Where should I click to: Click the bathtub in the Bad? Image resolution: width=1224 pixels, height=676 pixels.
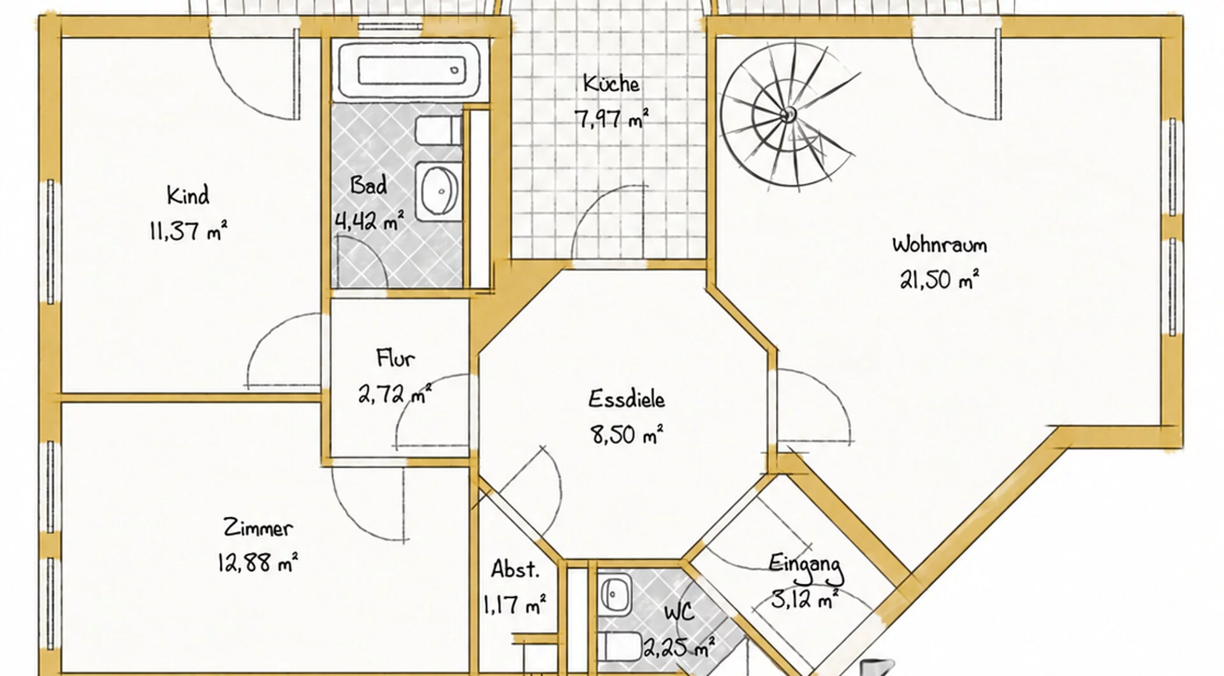click(x=409, y=70)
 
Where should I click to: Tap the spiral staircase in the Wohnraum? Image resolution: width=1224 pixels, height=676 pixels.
click(x=789, y=115)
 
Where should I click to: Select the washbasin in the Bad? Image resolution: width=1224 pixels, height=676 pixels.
click(x=439, y=191)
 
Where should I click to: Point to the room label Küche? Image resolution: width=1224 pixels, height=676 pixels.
click(x=611, y=84)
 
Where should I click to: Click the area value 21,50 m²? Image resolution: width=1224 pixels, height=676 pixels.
click(x=939, y=279)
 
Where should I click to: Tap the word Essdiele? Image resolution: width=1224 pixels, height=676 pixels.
click(x=626, y=399)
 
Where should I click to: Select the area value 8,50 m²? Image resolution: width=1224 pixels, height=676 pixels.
click(x=627, y=434)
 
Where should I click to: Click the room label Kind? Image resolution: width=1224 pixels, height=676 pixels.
click(x=187, y=195)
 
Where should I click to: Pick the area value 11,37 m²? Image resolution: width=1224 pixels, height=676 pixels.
click(x=188, y=230)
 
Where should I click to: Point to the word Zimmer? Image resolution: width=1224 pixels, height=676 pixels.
click(x=258, y=528)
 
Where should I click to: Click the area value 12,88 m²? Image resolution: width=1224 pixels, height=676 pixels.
click(x=258, y=562)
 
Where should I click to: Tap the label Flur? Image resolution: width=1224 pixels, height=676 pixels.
click(x=395, y=358)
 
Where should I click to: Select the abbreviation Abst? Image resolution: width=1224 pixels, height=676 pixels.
click(x=515, y=569)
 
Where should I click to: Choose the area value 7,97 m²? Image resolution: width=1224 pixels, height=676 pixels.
click(x=611, y=118)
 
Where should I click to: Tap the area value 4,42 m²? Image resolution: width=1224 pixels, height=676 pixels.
click(x=369, y=221)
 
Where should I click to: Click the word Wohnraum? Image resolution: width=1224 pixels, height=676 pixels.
click(x=939, y=244)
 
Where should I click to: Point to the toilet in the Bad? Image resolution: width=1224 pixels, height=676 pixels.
click(x=439, y=130)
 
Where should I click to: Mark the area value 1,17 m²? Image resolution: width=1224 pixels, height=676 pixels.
click(x=515, y=604)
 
